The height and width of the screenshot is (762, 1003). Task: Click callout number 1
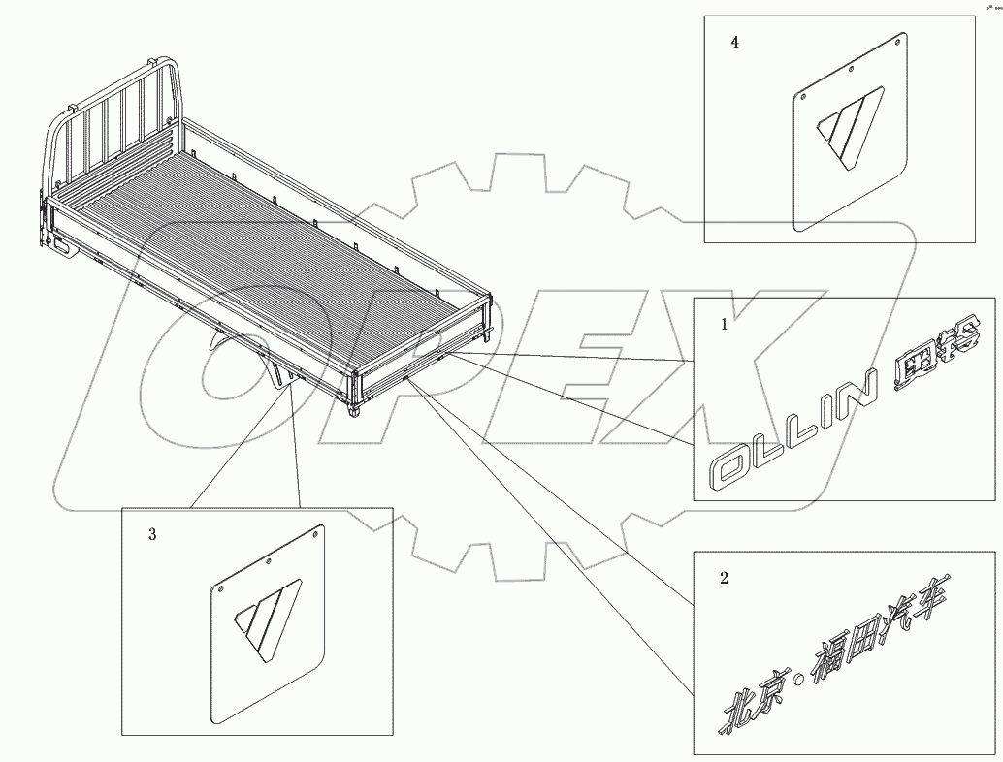coord(724,326)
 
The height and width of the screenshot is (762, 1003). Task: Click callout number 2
coord(724,579)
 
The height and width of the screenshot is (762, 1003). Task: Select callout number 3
coord(152,534)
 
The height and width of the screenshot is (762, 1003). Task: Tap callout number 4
coord(735,43)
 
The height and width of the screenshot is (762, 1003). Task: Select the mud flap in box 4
coord(850,136)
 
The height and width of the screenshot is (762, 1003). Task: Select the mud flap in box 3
coord(268,625)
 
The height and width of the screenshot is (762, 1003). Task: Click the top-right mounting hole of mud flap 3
coord(318,530)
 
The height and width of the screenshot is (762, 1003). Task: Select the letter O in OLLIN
coord(736,466)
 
